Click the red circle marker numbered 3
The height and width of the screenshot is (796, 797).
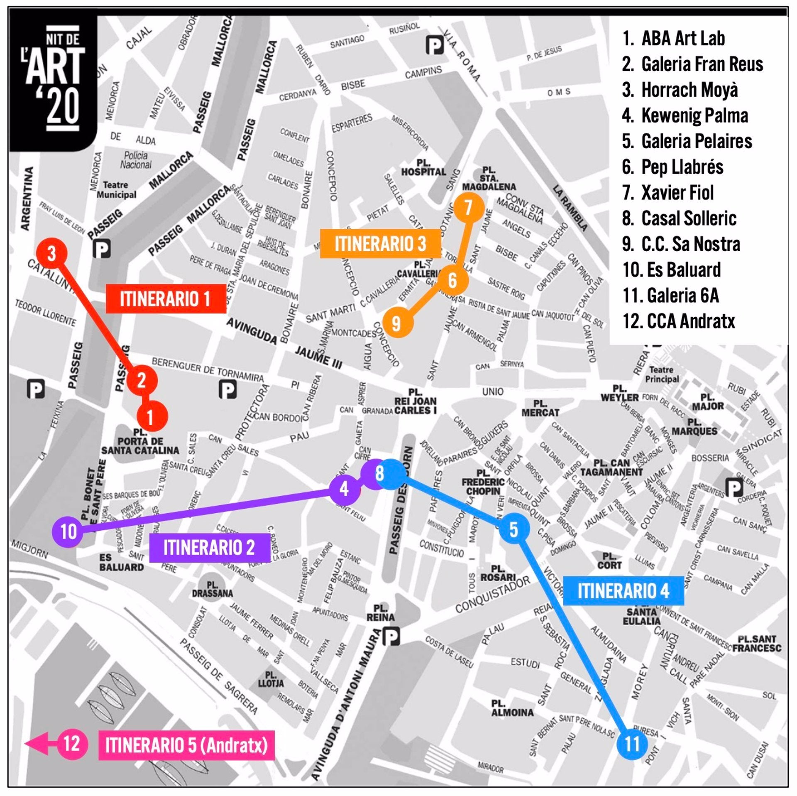pos(51,253)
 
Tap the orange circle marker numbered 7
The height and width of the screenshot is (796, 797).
pos(469,208)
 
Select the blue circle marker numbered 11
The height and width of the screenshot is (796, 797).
pos(632,744)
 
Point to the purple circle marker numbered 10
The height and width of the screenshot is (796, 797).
pos(68,531)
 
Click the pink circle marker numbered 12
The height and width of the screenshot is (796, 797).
pos(72,743)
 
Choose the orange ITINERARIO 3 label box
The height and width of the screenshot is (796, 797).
pos(380,244)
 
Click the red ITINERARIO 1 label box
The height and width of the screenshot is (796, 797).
pos(166,299)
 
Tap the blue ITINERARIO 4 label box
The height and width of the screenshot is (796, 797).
pos(623,590)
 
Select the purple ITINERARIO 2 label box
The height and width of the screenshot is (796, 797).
pos(209,547)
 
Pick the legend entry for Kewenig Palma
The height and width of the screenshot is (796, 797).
pos(685,115)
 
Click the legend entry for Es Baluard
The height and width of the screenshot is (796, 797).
pos(672,270)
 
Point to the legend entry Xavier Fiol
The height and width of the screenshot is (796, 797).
pos(668,193)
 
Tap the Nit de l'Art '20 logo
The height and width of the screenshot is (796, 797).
pos(54,81)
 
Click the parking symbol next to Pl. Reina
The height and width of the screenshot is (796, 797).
pos(391,636)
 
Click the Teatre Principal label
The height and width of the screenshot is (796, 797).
pos(662,374)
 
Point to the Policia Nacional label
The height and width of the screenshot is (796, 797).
pos(136,160)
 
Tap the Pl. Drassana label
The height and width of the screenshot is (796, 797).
pos(212,589)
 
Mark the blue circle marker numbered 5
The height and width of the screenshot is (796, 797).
pos(514,529)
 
